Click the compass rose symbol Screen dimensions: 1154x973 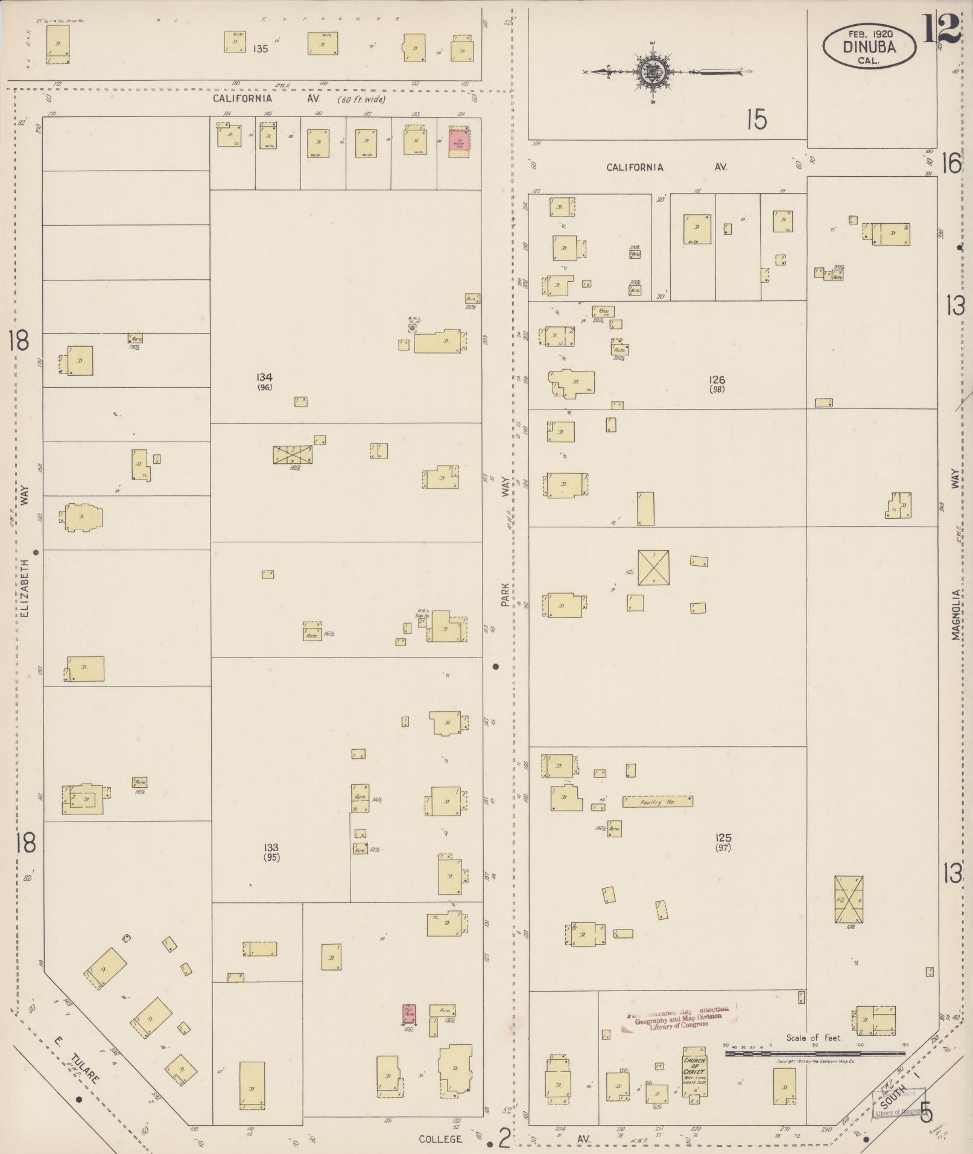tap(653, 72)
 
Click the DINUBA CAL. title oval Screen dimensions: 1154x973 tap(869, 46)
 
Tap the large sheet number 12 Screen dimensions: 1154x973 tap(940, 28)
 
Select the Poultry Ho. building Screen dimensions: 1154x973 tap(657, 802)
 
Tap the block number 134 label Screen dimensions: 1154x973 tap(264, 377)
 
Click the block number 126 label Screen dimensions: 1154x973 tap(717, 380)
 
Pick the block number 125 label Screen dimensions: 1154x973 tap(723, 838)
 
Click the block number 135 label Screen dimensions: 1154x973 tap(261, 48)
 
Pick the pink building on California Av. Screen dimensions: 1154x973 tap(458, 142)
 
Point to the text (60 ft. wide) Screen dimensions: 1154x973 tap(362, 99)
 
